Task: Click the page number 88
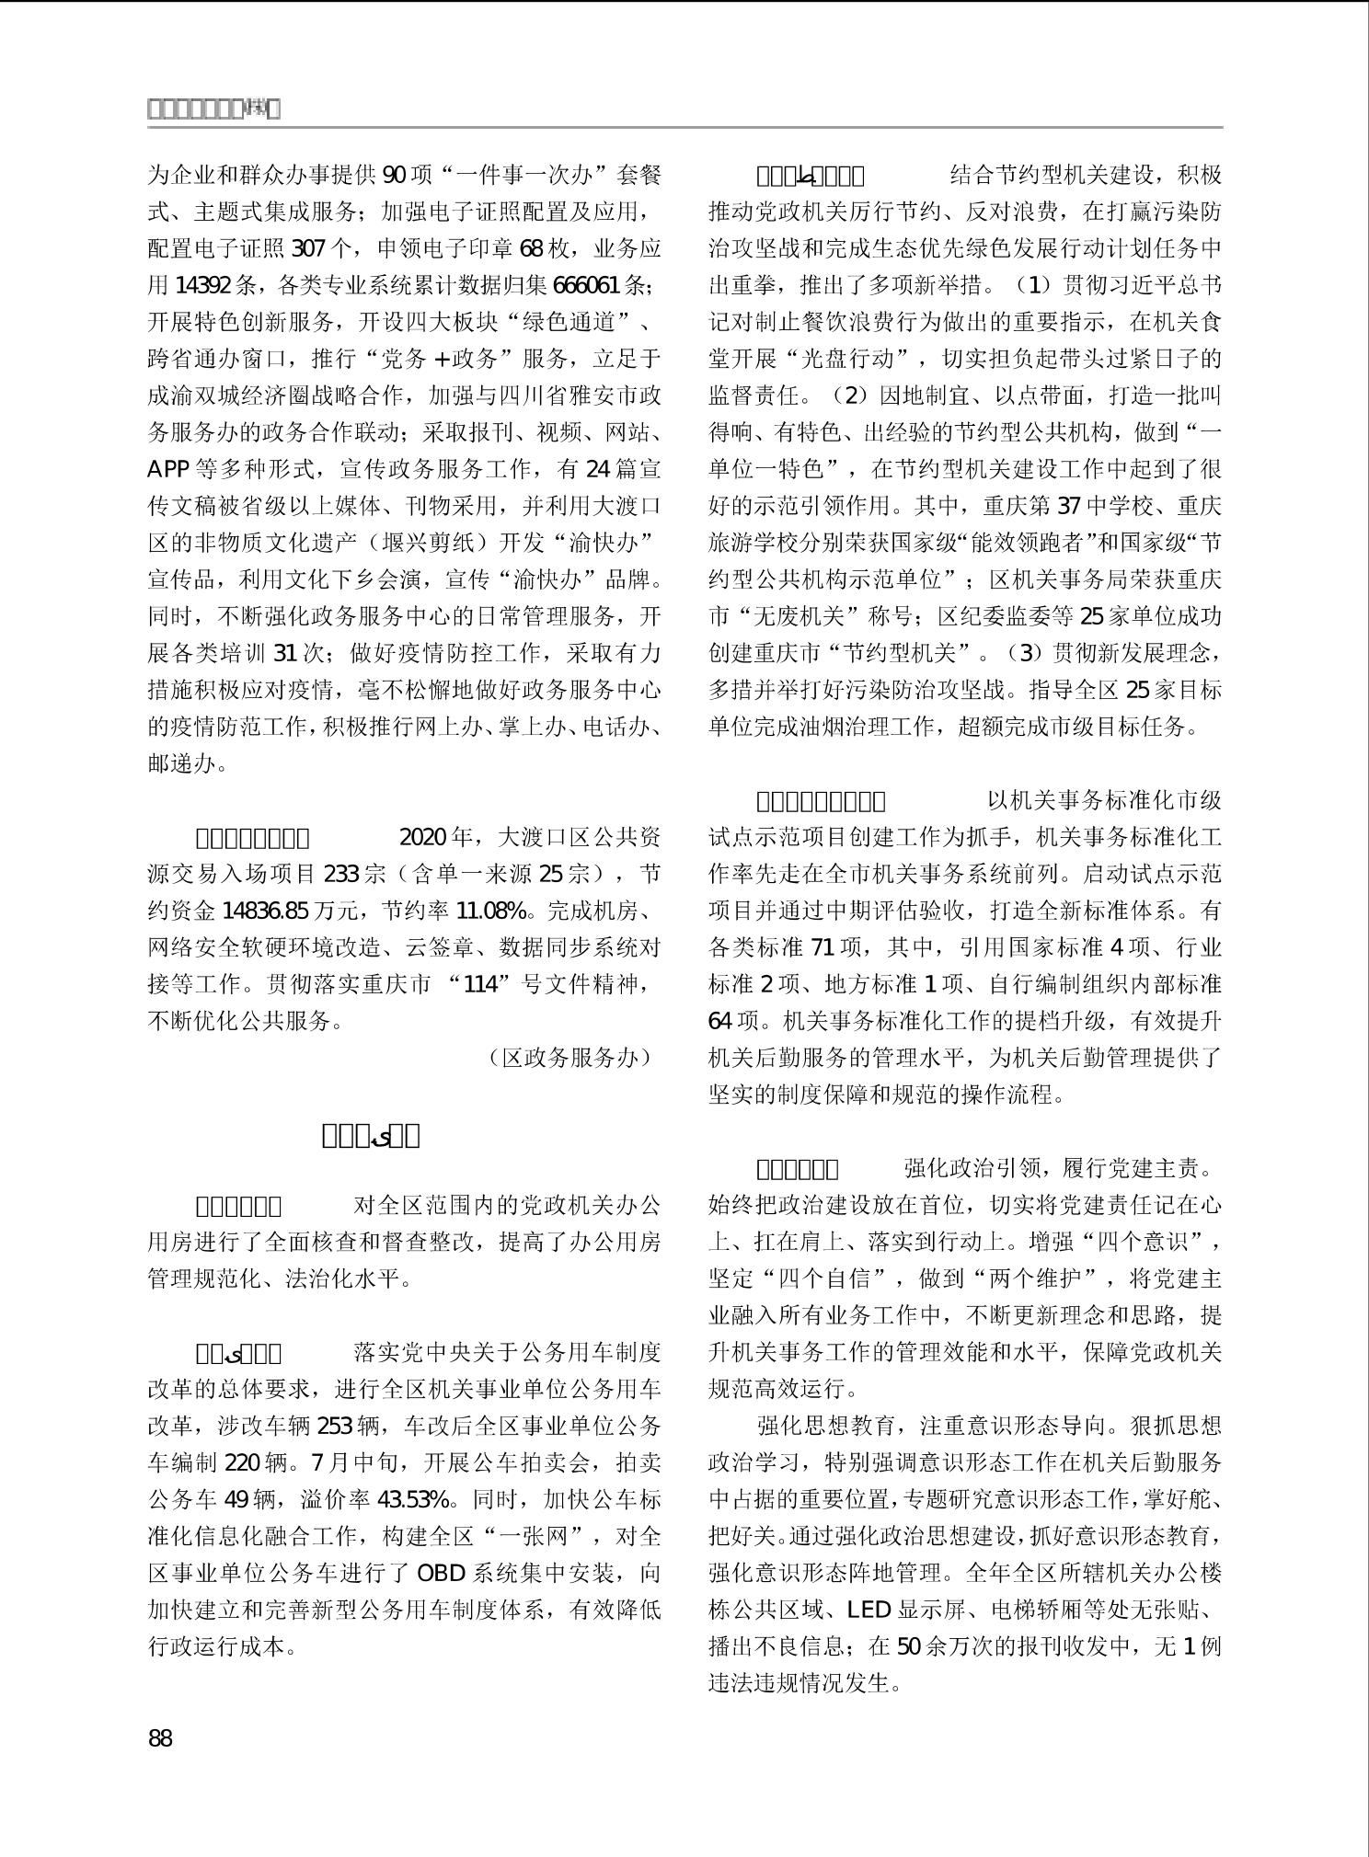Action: (x=160, y=1738)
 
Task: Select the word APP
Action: (x=167, y=469)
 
